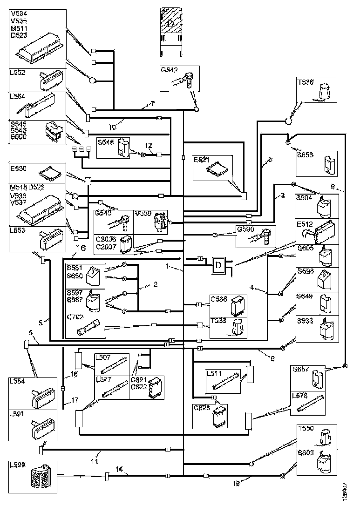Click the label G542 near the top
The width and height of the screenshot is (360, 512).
(169, 70)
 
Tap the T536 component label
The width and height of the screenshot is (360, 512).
(305, 82)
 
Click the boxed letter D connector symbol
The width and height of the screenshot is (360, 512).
(218, 265)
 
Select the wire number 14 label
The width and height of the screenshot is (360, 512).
(119, 470)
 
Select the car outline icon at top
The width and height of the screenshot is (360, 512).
(170, 26)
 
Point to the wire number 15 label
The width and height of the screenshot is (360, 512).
(236, 483)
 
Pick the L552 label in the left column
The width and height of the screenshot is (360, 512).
(18, 73)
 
